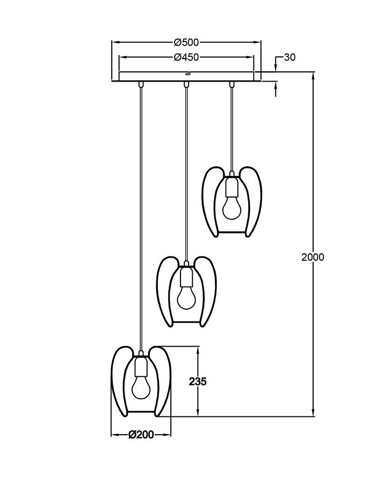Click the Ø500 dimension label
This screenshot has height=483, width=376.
(x=186, y=42)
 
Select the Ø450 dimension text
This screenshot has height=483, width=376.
(x=186, y=57)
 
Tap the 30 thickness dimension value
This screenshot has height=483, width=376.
(x=290, y=57)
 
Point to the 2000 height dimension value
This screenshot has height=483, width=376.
(x=313, y=257)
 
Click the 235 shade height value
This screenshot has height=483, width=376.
(x=198, y=382)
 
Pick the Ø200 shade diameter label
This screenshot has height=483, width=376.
(x=141, y=435)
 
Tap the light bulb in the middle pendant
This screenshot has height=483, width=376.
(x=186, y=297)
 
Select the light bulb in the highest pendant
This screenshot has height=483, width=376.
(x=232, y=208)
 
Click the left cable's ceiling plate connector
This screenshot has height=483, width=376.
(x=141, y=84)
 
